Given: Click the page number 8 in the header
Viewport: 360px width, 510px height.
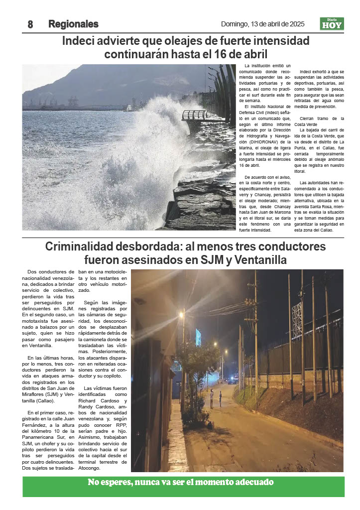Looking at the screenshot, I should click(x=30, y=24).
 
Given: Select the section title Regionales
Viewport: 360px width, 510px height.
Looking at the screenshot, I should click(x=73, y=24).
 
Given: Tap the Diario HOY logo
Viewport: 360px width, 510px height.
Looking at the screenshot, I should click(x=332, y=24).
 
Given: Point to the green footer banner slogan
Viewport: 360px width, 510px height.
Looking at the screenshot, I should click(x=181, y=482).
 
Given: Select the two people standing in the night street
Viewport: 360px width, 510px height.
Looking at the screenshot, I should click(x=216, y=398).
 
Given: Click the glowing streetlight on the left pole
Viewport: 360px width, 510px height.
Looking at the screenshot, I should click(x=182, y=315).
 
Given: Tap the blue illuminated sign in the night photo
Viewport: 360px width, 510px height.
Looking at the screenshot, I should click(x=198, y=337).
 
